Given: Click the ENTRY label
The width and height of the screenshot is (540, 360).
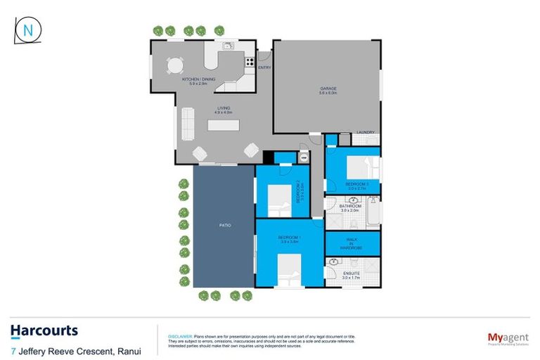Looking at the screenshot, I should [264, 67].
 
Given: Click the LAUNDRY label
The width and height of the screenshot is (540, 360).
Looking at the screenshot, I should [365, 132].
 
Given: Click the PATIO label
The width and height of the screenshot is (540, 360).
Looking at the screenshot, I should [224, 225].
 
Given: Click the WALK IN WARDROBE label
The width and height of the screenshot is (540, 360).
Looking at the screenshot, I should [352, 243].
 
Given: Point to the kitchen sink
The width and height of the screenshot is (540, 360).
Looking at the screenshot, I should [227, 47].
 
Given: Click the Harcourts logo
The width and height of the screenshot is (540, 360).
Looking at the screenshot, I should [44, 330].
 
